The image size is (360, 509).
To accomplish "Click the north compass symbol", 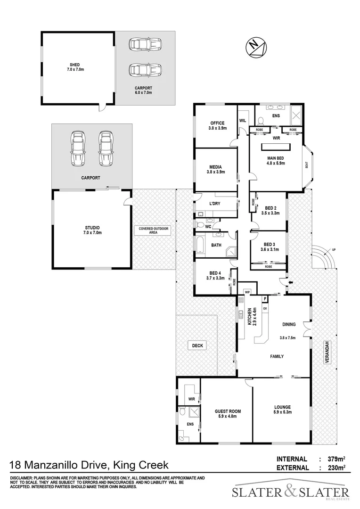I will [x=255, y=47].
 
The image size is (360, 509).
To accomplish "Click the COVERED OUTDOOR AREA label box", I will [x=154, y=230].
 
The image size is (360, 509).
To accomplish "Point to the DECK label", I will [x=197, y=345].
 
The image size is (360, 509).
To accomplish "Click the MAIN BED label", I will [x=277, y=160].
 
